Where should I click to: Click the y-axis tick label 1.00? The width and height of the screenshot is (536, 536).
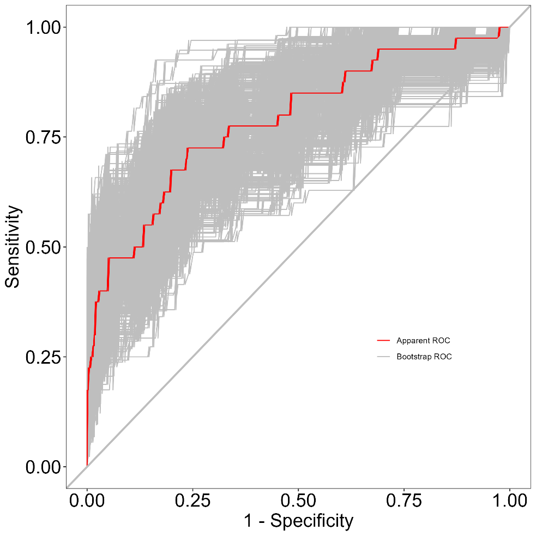point(43,27)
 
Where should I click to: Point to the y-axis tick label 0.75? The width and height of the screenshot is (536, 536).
point(43,137)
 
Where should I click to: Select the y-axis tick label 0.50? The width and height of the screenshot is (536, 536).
point(43,247)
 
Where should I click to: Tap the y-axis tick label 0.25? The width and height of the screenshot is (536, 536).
point(43,357)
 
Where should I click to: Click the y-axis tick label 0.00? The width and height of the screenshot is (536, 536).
point(43,467)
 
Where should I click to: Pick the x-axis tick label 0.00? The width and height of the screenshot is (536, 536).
point(87,501)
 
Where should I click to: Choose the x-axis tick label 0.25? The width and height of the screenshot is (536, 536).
point(193,501)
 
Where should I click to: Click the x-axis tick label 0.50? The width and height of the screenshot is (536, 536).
point(298,501)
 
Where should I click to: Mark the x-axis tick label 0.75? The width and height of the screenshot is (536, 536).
point(404,501)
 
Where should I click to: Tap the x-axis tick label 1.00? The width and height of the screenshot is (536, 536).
point(510,501)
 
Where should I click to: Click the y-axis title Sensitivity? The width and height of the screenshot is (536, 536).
point(13,247)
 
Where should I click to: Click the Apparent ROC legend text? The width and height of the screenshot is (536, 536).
point(423,340)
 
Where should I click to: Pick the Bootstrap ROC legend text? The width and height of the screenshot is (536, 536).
point(424,357)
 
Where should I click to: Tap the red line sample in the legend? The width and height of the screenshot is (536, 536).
point(383,340)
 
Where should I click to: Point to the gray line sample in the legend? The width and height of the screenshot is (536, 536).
point(383,357)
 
